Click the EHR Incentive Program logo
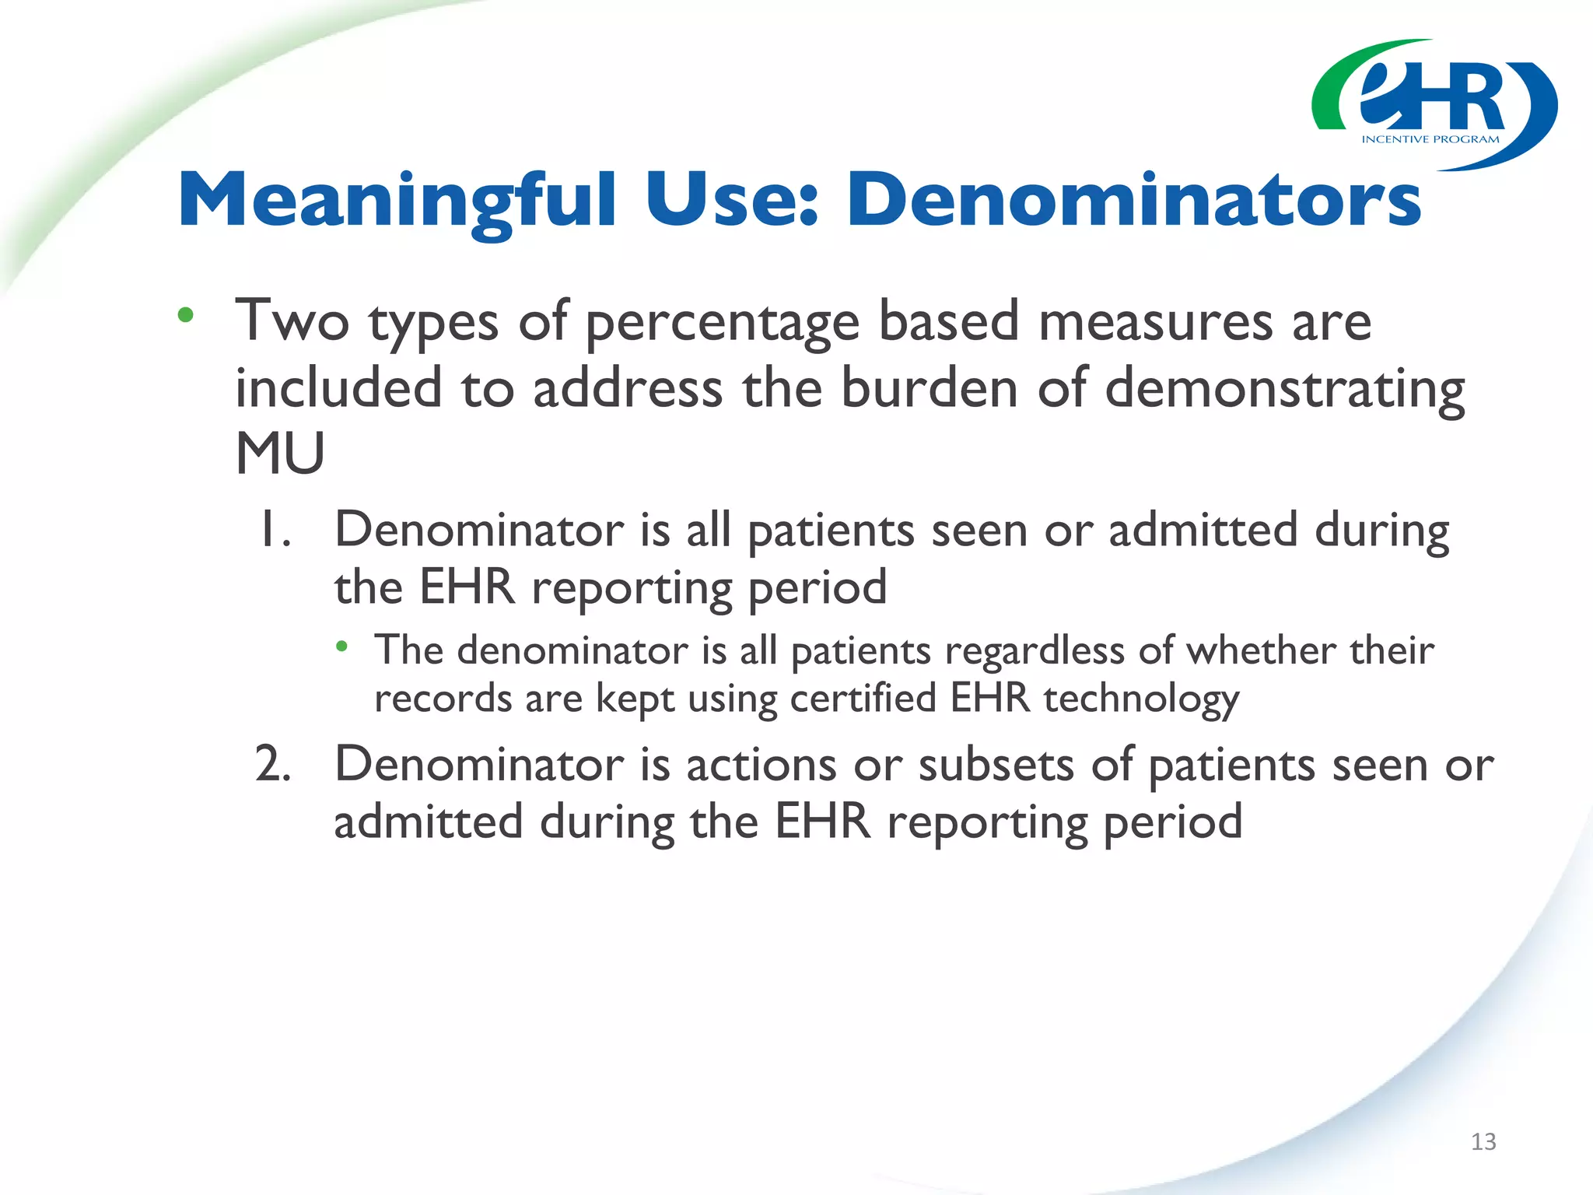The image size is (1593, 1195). [x=1434, y=105]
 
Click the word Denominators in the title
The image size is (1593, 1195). [x=1133, y=201]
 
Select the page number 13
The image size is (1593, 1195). [x=1483, y=1141]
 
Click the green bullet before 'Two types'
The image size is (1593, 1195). [x=185, y=315]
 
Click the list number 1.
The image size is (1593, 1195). [x=275, y=530]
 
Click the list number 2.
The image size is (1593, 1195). [x=273, y=765]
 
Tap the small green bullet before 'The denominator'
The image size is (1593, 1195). [x=341, y=646]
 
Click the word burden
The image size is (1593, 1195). [x=929, y=387]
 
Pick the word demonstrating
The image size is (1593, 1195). [x=1284, y=389]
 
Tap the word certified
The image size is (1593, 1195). [x=863, y=698]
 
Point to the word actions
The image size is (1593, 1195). [x=761, y=765]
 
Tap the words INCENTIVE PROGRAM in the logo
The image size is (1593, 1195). [x=1430, y=139]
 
